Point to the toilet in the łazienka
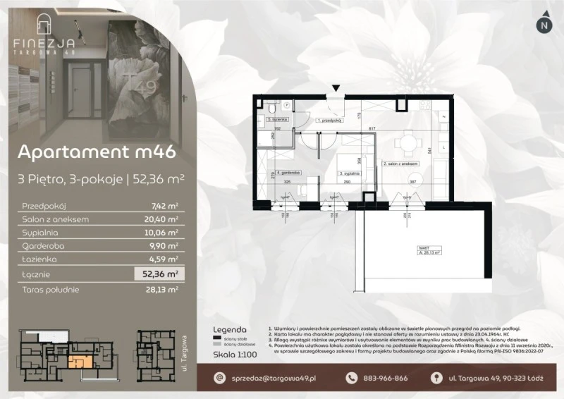[x=272, y=109]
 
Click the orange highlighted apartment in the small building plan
[x=80, y=362]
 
